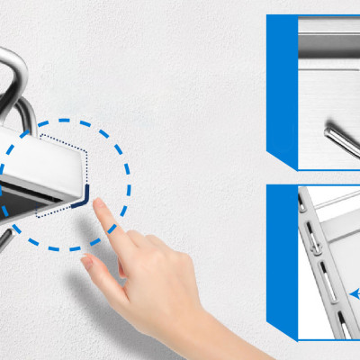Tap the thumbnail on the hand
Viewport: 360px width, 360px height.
89,263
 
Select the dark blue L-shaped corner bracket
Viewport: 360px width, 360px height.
84,201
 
